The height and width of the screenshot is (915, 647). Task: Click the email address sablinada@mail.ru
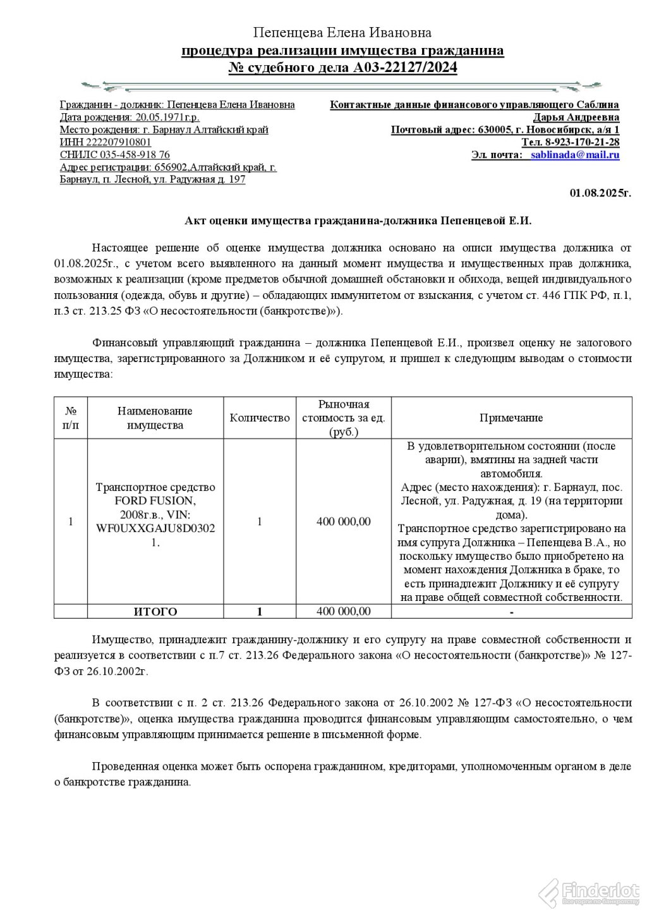pos(574,155)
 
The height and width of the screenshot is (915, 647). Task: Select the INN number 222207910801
pos(116,142)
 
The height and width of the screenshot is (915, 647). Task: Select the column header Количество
pos(260,418)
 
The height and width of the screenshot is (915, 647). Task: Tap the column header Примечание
pos(511,418)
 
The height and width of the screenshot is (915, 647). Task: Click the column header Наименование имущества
pos(155,418)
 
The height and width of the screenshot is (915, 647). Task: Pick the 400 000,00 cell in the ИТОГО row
pos(344,611)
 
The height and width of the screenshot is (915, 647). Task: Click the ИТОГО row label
pos(155,612)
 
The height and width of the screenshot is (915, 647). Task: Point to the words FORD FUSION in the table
pos(155,500)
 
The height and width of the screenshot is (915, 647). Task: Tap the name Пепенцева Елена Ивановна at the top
pos(342,32)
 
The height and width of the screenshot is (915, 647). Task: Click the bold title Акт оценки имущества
pos(358,221)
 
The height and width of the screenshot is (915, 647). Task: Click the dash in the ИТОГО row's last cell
pos(511,612)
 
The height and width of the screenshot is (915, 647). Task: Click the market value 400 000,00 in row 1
pos(344,521)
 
